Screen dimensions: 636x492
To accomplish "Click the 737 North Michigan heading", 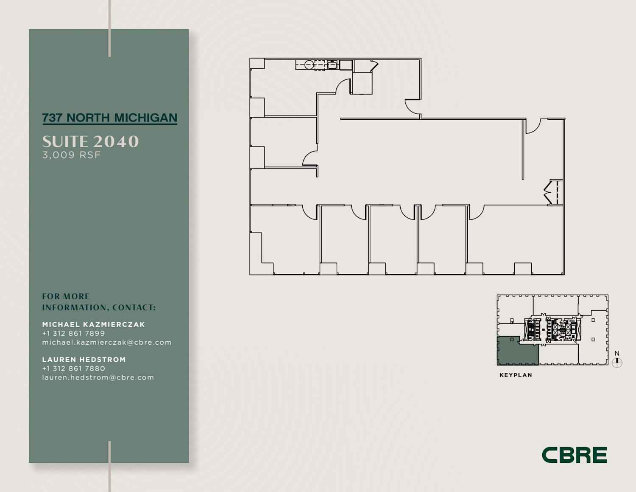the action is (x=110, y=118).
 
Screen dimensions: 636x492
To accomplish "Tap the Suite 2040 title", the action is (x=90, y=141).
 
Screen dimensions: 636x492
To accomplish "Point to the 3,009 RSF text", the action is (x=71, y=155).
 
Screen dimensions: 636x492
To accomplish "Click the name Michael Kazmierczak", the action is (x=94, y=324).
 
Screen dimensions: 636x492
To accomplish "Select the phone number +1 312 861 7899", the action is (x=73, y=333).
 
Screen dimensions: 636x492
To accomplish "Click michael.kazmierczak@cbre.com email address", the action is (x=107, y=342).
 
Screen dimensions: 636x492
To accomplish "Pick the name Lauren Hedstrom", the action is (x=84, y=360).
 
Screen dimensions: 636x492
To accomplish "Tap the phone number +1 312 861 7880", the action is (x=73, y=368).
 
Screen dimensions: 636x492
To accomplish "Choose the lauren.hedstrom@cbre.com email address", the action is (x=98, y=377).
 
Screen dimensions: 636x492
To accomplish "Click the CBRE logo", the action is (x=575, y=455).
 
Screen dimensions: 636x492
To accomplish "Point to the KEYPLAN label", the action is (x=516, y=375).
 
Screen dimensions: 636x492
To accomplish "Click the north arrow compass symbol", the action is (x=617, y=363).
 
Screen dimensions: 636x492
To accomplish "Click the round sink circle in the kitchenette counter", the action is (x=309, y=65).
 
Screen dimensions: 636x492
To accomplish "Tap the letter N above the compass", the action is (x=617, y=353).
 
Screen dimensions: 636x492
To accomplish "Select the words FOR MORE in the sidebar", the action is (x=66, y=296).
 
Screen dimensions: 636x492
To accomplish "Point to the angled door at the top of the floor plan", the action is (x=374, y=66).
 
